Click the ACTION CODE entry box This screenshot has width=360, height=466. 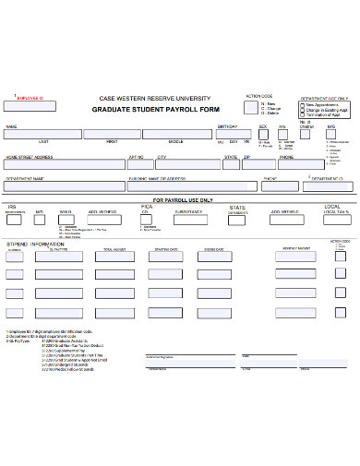tap(251, 108)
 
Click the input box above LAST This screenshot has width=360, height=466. tap(42, 135)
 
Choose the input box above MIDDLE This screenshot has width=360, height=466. tap(175, 135)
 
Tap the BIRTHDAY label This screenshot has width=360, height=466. tap(227, 126)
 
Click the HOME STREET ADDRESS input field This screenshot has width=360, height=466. tap(65, 164)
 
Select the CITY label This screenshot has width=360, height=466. tap(162, 157)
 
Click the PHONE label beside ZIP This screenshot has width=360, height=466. tap(286, 157)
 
